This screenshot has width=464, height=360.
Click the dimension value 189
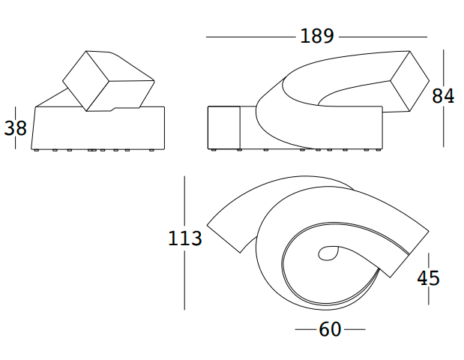[316, 36]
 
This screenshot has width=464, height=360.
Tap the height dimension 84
[442, 97]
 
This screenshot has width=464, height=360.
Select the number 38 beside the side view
[15, 128]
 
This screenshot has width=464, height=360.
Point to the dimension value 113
[184, 238]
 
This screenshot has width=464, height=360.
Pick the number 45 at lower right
[428, 277]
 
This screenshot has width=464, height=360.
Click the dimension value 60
[330, 329]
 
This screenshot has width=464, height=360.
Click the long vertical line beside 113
[184, 202]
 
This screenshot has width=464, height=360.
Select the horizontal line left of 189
[251, 36]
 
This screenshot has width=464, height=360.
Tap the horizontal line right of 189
[382, 36]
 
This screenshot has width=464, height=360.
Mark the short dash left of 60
[305, 329]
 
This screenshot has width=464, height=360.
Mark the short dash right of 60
[355, 329]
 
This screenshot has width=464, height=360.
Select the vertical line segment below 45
[428, 297]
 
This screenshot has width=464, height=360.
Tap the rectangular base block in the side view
[97, 129]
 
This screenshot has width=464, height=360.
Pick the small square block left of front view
[223, 127]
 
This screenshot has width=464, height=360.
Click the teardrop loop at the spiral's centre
[328, 254]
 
